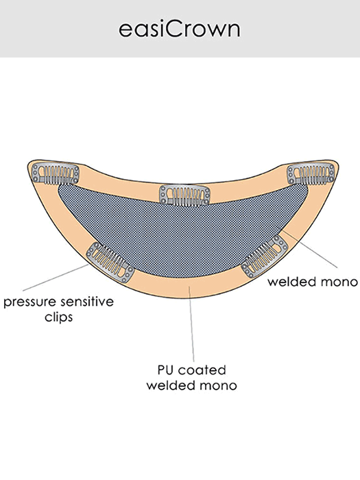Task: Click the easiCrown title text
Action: point(180,29)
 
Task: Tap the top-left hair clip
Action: point(56,174)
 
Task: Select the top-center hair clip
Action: point(185,195)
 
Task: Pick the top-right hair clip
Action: point(311,173)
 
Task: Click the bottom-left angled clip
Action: point(110,263)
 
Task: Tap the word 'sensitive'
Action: point(87,302)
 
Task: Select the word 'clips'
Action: point(59,317)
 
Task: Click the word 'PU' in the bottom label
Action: point(166,370)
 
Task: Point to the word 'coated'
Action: point(202,370)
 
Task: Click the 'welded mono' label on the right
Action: point(313,281)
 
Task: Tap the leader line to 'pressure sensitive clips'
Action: point(56,277)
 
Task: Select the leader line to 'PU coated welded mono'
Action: point(191,324)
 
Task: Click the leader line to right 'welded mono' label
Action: point(310,250)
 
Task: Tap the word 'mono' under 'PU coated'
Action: point(219,385)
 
